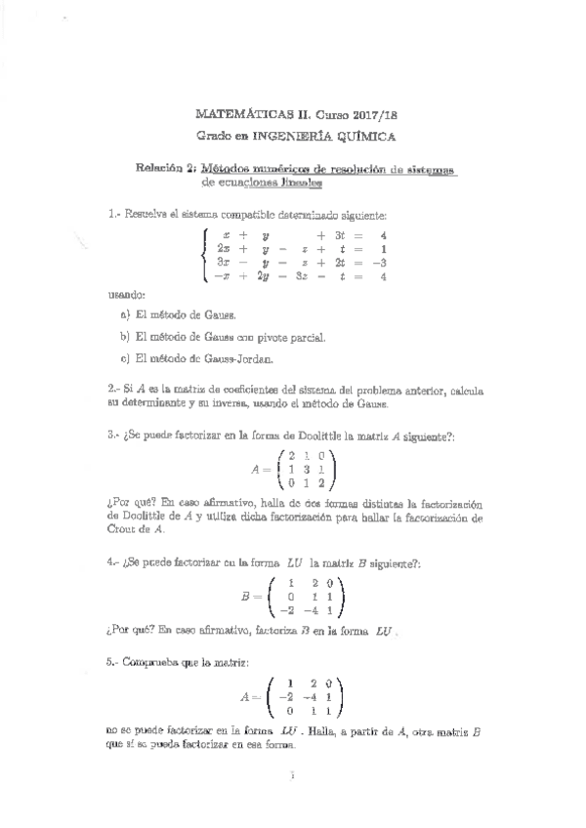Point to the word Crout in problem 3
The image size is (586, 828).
[x=125, y=528]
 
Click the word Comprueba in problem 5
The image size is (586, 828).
[x=154, y=662]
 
